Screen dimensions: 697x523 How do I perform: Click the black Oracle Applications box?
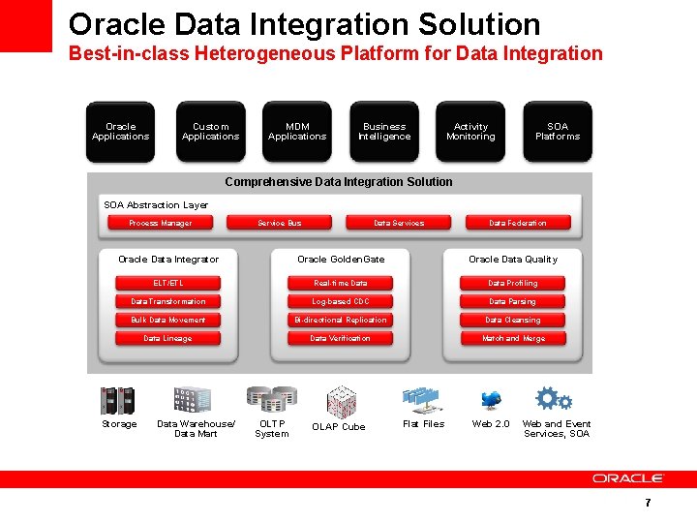(121, 132)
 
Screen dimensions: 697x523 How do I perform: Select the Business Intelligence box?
(384, 132)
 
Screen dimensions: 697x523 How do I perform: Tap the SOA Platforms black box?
(558, 132)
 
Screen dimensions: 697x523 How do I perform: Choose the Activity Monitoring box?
(470, 132)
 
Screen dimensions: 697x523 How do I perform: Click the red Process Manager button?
(161, 223)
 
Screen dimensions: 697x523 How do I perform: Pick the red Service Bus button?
(280, 223)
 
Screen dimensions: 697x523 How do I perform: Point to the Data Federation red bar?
(518, 223)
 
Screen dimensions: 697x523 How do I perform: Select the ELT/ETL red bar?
(167, 283)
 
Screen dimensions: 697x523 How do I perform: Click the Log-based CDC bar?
(340, 301)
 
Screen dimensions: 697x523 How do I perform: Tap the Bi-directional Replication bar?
(340, 320)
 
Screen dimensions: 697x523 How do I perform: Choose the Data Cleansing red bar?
(513, 320)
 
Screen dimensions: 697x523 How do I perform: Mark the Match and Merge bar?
(513, 338)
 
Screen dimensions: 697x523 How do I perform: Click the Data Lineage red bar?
(167, 338)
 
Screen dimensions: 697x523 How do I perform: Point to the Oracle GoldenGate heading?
(341, 259)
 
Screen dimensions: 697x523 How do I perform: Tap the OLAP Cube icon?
(341, 400)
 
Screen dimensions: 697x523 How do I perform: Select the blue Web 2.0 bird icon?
(491, 400)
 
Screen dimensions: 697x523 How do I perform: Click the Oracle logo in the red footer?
(628, 478)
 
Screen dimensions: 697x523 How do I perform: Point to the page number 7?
(648, 503)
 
